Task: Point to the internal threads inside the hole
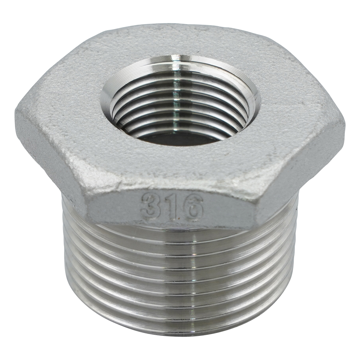point(181,108)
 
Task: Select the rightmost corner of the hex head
point(345,125)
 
